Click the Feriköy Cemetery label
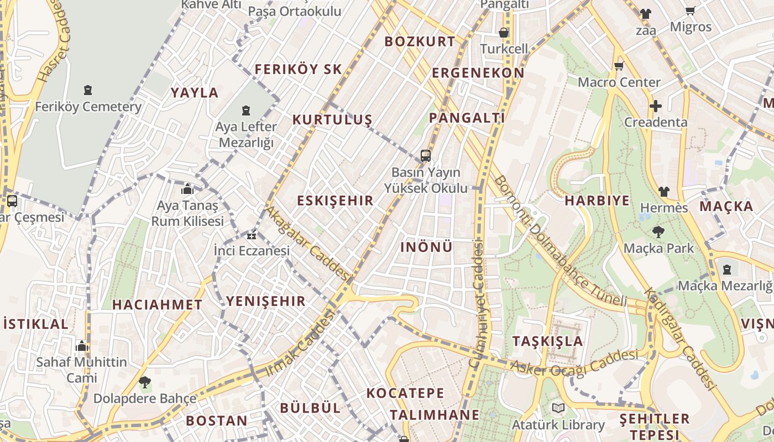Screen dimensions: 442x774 pyautogui.click(x=88, y=107)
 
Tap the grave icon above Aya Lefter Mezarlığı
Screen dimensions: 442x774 pyautogui.click(x=246, y=110)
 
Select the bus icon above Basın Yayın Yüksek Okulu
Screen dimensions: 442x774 pyautogui.click(x=425, y=156)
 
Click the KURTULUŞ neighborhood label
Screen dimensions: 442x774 pyautogui.click(x=332, y=120)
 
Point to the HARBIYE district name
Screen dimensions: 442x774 pyautogui.click(x=597, y=201)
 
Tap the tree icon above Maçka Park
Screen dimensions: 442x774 pyautogui.click(x=658, y=231)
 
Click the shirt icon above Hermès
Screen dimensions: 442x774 pyautogui.click(x=663, y=192)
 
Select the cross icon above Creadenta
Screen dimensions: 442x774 pyautogui.click(x=656, y=106)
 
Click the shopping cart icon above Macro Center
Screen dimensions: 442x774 pyautogui.click(x=619, y=66)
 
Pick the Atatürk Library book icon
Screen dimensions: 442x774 pyautogui.click(x=558, y=408)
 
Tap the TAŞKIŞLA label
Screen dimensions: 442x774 pyautogui.click(x=547, y=341)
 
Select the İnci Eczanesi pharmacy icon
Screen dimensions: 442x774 pyautogui.click(x=252, y=235)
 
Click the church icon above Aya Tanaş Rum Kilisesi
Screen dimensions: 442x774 pyautogui.click(x=187, y=190)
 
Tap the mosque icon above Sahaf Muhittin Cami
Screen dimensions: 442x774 pyautogui.click(x=82, y=346)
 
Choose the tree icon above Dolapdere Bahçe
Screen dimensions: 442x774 pyautogui.click(x=145, y=382)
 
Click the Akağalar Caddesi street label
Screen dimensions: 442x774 pyautogui.click(x=307, y=243)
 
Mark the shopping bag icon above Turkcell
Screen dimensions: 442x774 pyautogui.click(x=504, y=33)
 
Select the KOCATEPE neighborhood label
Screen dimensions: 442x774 pyautogui.click(x=405, y=393)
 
